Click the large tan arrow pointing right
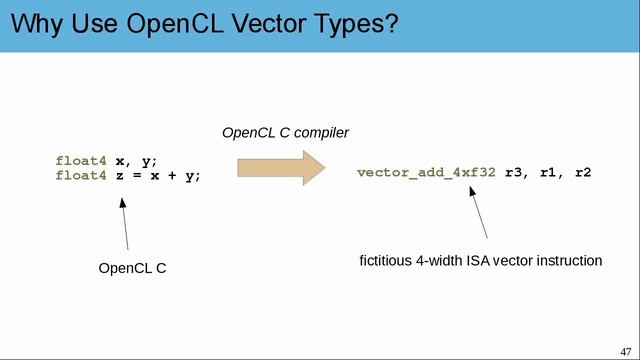point(281,166)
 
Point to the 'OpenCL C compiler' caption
point(285,132)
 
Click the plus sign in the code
point(170,175)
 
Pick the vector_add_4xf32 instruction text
point(426,172)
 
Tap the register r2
point(583,172)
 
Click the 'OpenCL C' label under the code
point(132,268)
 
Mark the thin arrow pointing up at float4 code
point(125,223)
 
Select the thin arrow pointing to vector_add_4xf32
point(478,212)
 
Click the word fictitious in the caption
point(387,261)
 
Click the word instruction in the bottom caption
point(570,261)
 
